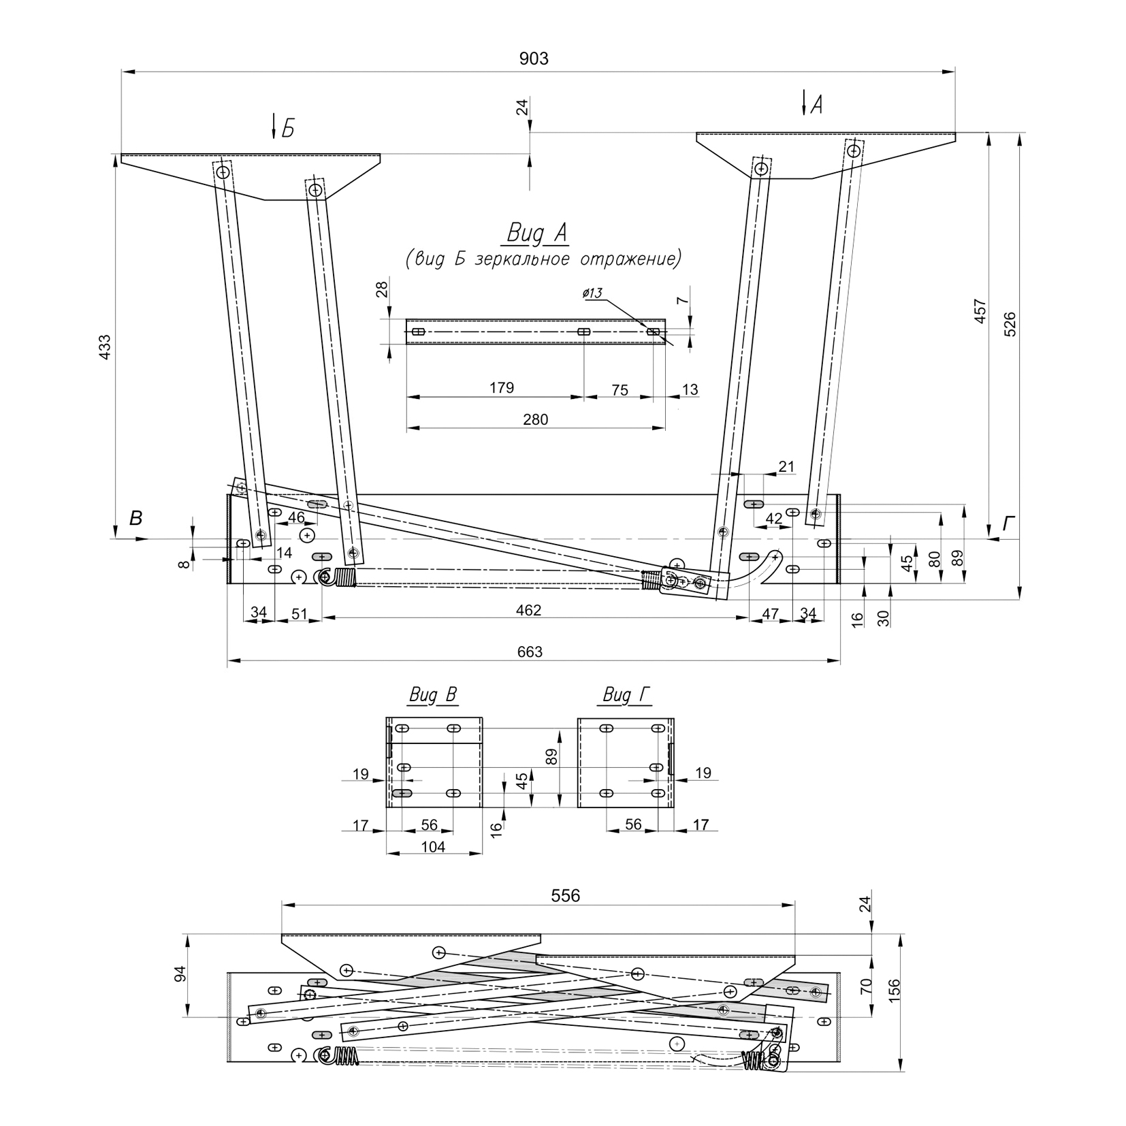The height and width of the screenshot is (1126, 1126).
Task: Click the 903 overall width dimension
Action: (534, 59)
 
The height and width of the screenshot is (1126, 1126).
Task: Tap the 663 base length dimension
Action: (530, 652)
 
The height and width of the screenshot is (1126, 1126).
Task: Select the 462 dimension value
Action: (528, 611)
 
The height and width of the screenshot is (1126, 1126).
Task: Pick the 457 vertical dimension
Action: (980, 311)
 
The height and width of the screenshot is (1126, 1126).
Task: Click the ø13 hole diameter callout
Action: (592, 293)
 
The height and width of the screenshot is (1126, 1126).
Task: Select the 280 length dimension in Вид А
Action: (536, 419)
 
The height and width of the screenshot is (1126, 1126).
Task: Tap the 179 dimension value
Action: (502, 388)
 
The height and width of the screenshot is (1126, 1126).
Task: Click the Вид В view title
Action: (433, 695)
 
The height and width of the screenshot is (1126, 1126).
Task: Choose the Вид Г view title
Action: (627, 695)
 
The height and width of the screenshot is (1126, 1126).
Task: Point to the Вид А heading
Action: (537, 234)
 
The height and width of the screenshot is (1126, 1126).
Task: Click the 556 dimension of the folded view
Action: (566, 896)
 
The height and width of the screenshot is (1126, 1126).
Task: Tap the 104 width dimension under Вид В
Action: (433, 847)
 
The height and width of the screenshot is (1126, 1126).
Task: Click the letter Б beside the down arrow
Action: (288, 129)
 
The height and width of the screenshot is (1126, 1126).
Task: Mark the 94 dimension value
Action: (180, 974)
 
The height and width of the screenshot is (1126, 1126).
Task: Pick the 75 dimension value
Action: (620, 390)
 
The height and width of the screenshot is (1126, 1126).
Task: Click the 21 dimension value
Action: (786, 466)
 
